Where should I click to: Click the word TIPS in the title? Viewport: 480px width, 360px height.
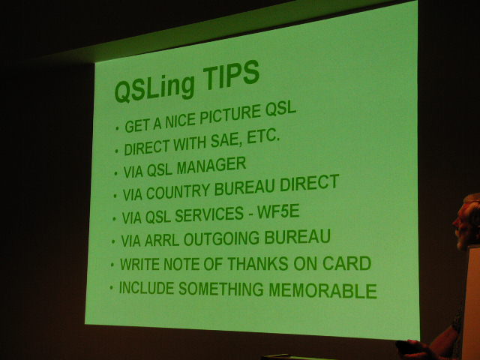231,76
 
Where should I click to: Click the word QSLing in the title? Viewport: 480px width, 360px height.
154,88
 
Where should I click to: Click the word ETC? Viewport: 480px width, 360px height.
263,136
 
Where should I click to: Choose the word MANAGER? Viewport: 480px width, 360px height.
211,166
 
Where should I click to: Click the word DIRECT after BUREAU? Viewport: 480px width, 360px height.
310,183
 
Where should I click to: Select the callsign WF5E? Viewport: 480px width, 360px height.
278,211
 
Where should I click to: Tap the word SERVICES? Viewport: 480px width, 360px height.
209,214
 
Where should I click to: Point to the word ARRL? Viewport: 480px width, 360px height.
162,240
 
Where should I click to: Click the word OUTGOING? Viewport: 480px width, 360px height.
222,238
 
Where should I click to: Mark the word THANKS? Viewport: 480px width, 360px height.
258,263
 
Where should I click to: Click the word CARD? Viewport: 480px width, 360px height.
346,263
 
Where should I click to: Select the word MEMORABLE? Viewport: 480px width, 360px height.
323,290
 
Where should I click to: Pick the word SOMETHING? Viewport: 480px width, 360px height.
221,289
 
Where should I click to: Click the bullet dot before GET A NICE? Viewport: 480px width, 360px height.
117,128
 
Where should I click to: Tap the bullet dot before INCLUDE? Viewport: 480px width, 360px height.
112,287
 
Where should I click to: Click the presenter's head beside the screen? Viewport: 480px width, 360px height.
466,220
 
